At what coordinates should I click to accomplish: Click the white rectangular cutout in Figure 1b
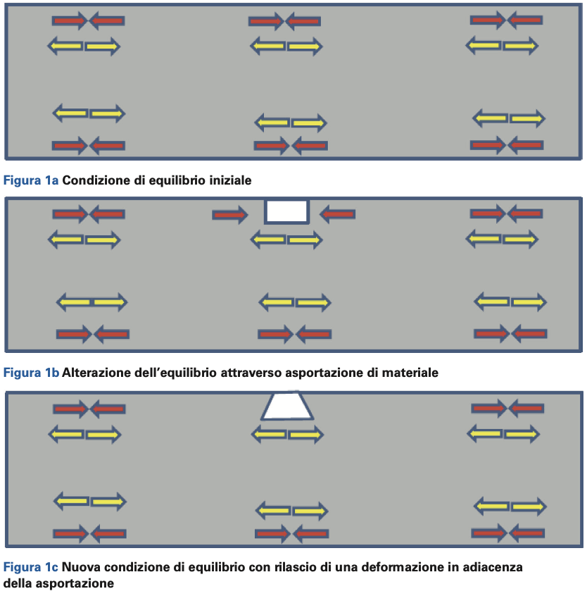pos(286,211)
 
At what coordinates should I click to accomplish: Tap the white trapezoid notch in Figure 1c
pos(287,407)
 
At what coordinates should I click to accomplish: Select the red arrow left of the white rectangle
pos(229,214)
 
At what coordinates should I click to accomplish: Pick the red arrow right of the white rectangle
pos(337,213)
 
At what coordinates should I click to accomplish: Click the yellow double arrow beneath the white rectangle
pos(286,240)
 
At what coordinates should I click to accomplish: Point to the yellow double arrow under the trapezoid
pos(287,435)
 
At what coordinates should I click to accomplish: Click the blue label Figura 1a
pos(31,180)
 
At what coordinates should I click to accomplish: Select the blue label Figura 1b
pos(31,373)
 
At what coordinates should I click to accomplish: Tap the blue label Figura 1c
pos(31,567)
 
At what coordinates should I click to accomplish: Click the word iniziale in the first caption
pos(229,180)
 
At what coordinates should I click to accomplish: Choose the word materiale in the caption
pos(408,373)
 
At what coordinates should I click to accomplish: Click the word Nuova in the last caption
pos(81,567)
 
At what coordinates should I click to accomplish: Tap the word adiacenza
pos(491,567)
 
